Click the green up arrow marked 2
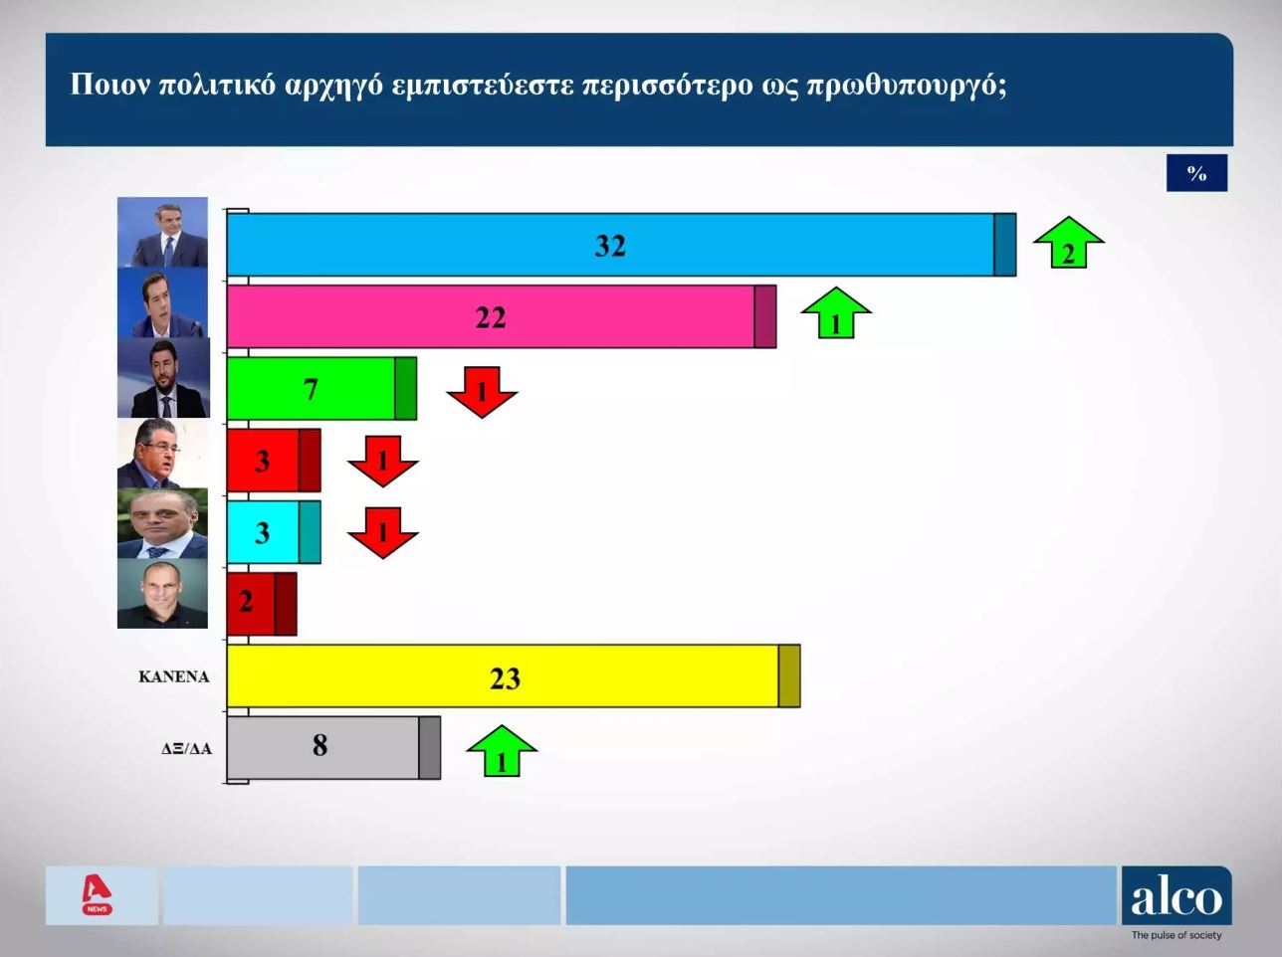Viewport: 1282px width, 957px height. (1068, 244)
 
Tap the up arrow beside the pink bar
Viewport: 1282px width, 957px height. (836, 314)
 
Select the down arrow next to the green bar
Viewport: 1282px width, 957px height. (482, 390)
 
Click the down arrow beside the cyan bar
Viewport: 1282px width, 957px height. (382, 531)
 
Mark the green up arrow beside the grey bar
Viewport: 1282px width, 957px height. (502, 751)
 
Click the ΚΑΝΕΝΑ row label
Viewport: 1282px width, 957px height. (173, 676)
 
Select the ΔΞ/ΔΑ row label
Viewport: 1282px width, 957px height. (186, 749)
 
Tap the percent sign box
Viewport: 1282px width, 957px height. (1196, 173)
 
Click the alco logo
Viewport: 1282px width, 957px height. (1175, 897)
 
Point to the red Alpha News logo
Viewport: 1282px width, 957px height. (98, 895)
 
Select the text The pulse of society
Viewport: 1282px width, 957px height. (1175, 935)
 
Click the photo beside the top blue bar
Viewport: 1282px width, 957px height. (162, 233)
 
